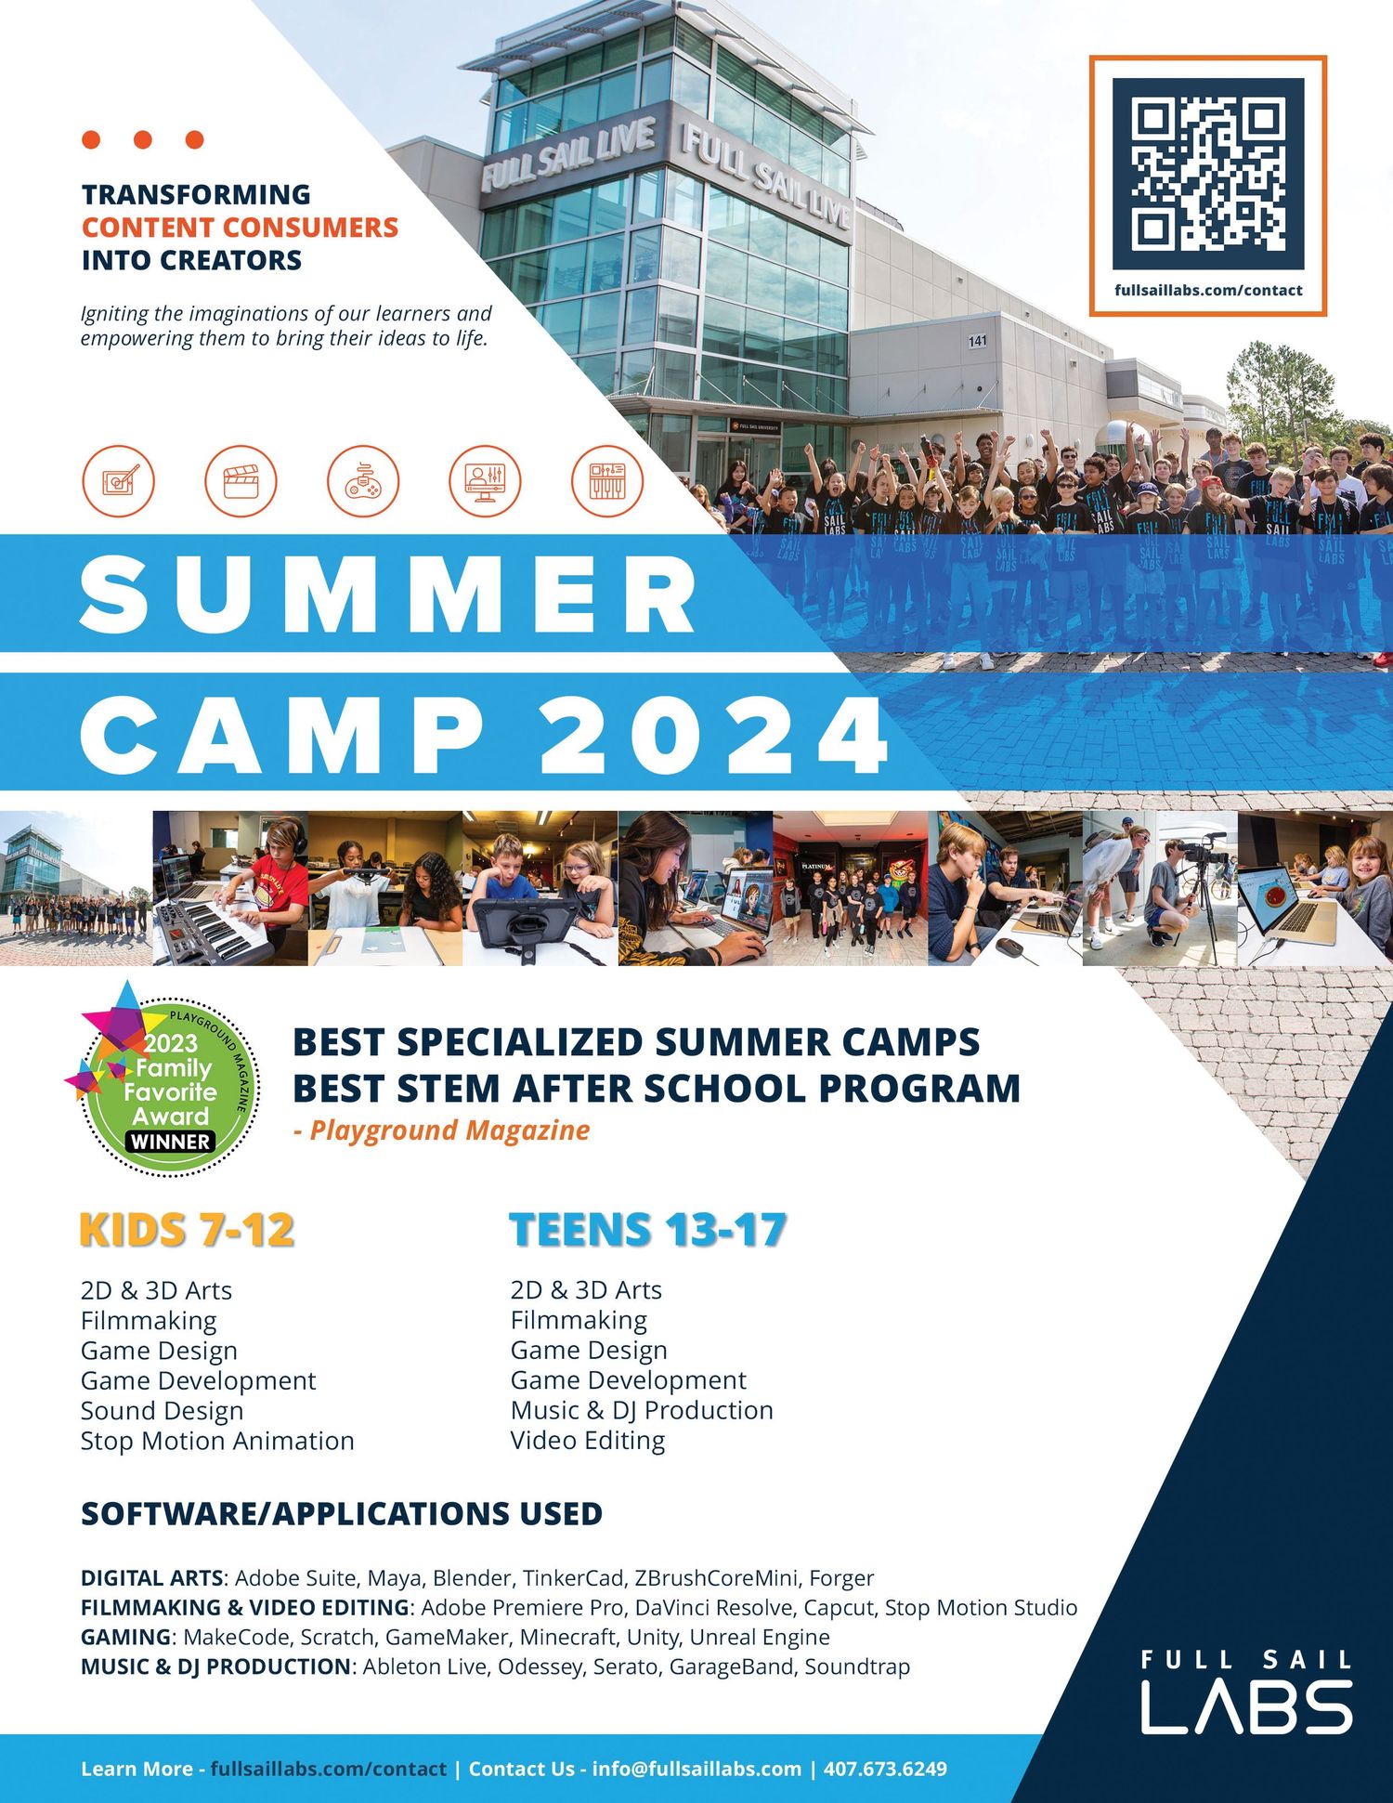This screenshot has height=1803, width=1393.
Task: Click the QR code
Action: (x=1207, y=174)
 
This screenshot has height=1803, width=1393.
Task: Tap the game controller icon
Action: (x=363, y=481)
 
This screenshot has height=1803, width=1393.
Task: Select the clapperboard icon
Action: (x=241, y=481)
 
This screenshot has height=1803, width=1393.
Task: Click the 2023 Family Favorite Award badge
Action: (x=164, y=1080)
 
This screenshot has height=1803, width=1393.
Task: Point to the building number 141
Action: (x=977, y=341)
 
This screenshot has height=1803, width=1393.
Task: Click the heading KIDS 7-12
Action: (x=188, y=1230)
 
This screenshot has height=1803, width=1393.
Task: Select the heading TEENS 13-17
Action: (x=648, y=1230)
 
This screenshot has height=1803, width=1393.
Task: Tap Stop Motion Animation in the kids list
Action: (x=217, y=1441)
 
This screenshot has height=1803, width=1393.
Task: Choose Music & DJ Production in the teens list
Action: (x=642, y=1410)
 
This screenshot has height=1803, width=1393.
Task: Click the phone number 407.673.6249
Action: (x=885, y=1769)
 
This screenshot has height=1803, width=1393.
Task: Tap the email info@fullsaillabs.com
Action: (x=696, y=1769)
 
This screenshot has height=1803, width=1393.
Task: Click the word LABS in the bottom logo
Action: (x=1246, y=1706)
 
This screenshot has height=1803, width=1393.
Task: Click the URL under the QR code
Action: (x=1208, y=291)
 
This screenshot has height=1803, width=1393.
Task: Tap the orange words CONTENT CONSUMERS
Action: (x=240, y=228)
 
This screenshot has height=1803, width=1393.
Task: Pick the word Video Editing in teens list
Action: (x=588, y=1441)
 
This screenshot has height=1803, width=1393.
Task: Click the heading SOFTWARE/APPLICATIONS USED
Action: (x=342, y=1514)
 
